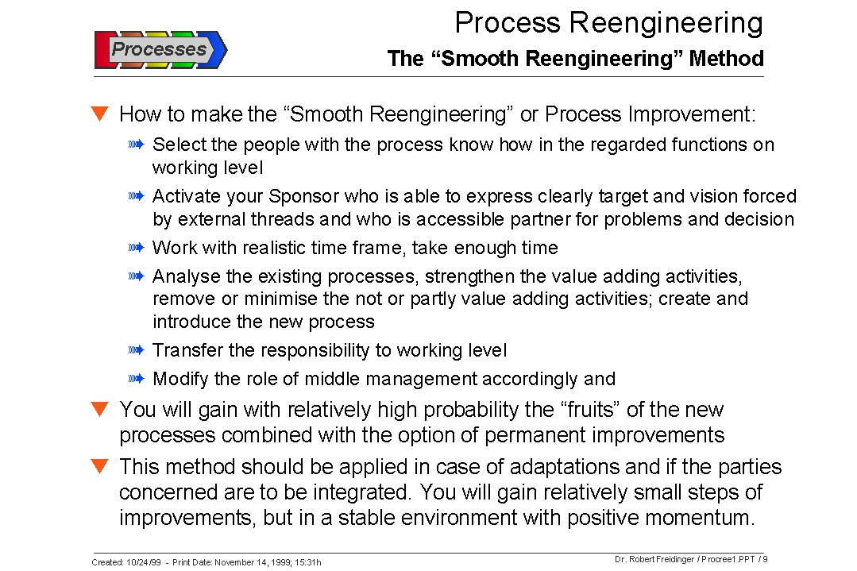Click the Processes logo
(x=160, y=49)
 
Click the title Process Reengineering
(x=608, y=22)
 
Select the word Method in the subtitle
(x=726, y=59)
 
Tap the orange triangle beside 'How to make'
(x=99, y=114)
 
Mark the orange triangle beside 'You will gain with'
(x=99, y=410)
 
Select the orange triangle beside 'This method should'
(x=99, y=466)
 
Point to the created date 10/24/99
(x=144, y=562)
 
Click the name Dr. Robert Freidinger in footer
(x=654, y=559)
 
